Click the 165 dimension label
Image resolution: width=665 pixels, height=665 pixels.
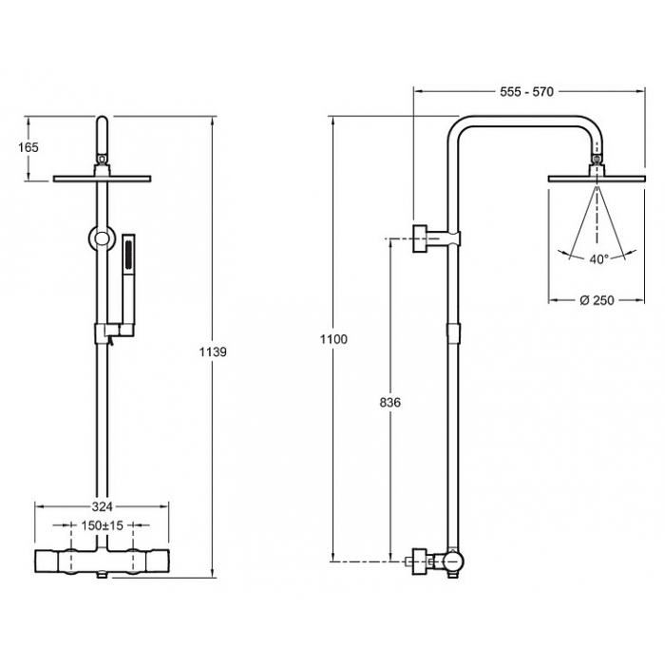[x=28, y=147]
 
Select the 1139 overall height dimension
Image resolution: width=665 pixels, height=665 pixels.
[x=213, y=351]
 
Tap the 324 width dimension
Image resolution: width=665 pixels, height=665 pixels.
[x=102, y=506]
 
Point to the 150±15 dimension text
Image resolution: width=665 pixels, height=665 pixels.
[x=102, y=525]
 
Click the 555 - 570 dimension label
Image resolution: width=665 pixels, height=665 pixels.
[x=526, y=91]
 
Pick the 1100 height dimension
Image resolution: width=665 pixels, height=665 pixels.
[x=333, y=339]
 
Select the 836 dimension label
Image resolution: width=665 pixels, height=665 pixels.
[x=389, y=402]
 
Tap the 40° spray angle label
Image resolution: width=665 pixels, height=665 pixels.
[x=598, y=258]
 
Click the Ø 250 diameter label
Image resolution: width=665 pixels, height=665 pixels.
[x=597, y=300]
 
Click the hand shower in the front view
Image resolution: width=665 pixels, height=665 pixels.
[x=128, y=280]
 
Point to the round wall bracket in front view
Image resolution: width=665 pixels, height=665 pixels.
[x=102, y=238]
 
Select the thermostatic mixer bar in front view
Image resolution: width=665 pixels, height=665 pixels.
[x=102, y=561]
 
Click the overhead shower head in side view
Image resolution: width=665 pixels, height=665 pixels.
[x=597, y=179]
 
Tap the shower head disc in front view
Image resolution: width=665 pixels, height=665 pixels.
[x=102, y=179]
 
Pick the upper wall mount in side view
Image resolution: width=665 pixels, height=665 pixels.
[x=436, y=237]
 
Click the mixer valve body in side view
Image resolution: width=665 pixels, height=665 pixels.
[x=453, y=560]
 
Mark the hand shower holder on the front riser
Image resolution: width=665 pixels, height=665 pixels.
[x=114, y=332]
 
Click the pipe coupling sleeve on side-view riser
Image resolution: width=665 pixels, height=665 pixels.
[x=453, y=332]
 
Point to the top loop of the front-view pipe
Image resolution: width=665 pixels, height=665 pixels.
[x=102, y=135]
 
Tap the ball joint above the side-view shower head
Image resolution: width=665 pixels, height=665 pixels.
[x=597, y=160]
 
